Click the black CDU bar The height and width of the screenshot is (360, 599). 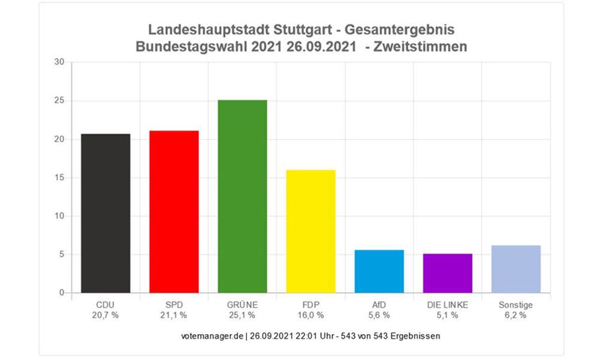tap(106, 213)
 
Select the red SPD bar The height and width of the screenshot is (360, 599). tap(174, 212)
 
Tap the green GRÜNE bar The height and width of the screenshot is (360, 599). tap(242, 196)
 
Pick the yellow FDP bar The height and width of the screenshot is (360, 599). tap(311, 231)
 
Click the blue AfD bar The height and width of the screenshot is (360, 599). tap(379, 271)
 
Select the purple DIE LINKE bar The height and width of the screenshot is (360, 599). tap(447, 273)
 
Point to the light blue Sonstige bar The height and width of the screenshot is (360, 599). tap(516, 269)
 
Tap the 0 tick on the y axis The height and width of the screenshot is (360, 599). tap(61, 293)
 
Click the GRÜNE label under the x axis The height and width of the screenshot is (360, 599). tap(242, 305)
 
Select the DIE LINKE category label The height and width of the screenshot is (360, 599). tap(447, 305)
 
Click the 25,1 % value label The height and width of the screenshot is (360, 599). tap(242, 314)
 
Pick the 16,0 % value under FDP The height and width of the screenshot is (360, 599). tap(311, 314)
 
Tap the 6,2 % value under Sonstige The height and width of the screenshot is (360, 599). tap(516, 314)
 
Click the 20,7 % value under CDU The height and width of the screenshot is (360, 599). tap(106, 314)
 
